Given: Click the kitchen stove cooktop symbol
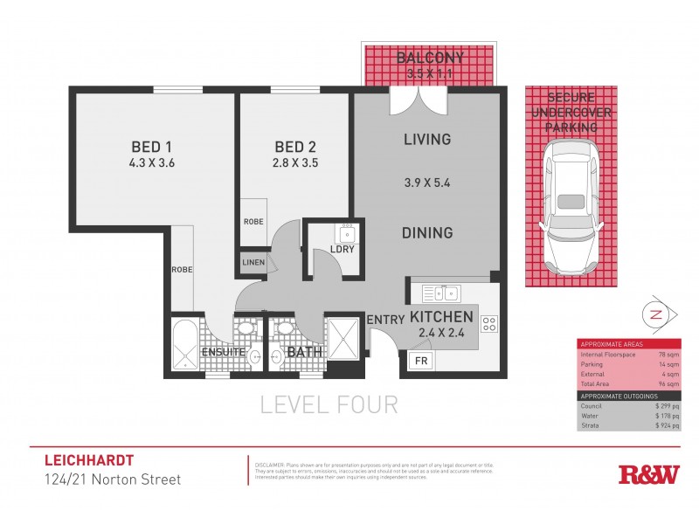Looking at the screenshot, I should coord(489,323).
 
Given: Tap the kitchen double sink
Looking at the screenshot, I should coord(443,293).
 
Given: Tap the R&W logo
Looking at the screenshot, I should coord(648,474).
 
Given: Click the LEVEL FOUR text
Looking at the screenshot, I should coord(329,404).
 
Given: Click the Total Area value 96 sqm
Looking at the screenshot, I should coord(670,383).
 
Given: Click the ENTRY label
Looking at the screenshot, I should coord(384,320).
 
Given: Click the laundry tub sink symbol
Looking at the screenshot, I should coord(346,234).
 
